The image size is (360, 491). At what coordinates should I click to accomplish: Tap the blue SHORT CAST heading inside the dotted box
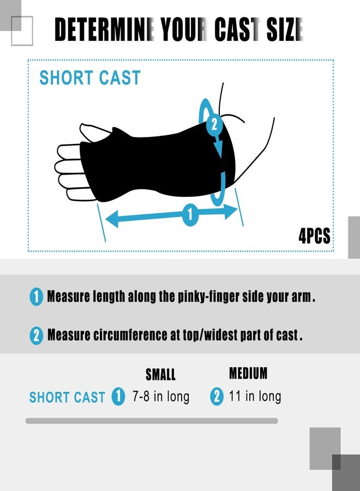click(x=90, y=77)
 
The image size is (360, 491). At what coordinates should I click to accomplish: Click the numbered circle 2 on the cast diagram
click(x=214, y=124)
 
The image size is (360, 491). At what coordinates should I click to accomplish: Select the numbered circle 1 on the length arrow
click(x=190, y=214)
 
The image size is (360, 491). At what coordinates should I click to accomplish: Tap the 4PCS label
click(x=314, y=236)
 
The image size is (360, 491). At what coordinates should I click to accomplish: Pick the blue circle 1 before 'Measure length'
click(x=37, y=297)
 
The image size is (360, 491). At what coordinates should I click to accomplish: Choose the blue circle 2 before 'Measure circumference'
click(x=37, y=336)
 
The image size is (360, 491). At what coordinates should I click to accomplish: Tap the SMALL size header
click(x=160, y=374)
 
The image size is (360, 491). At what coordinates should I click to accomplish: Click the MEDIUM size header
click(x=248, y=373)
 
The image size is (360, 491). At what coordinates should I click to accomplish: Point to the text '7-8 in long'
click(x=161, y=397)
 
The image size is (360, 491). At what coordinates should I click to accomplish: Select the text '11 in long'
click(x=255, y=396)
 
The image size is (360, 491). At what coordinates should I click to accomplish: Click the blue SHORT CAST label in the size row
click(x=67, y=397)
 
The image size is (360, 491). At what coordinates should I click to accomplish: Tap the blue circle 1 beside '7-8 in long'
click(x=118, y=397)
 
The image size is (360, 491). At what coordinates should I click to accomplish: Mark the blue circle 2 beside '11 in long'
click(x=217, y=397)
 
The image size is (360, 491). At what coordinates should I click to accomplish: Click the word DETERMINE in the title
click(x=105, y=29)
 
